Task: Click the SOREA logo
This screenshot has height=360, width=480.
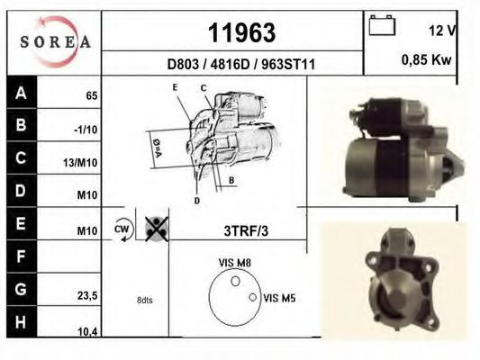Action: tap(55, 42)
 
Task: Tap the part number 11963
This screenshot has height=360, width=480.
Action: tap(242, 33)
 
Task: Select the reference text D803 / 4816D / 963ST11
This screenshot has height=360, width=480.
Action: tap(241, 65)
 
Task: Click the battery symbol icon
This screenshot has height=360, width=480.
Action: tap(382, 25)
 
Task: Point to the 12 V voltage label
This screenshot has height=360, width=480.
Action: tap(442, 31)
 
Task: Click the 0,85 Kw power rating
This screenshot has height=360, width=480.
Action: tap(427, 60)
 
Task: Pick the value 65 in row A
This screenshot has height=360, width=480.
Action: tap(92, 96)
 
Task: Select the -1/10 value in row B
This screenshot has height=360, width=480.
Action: tap(86, 130)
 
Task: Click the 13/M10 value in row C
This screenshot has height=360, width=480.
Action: tap(80, 163)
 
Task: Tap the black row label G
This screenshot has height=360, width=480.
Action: tap(22, 289)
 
